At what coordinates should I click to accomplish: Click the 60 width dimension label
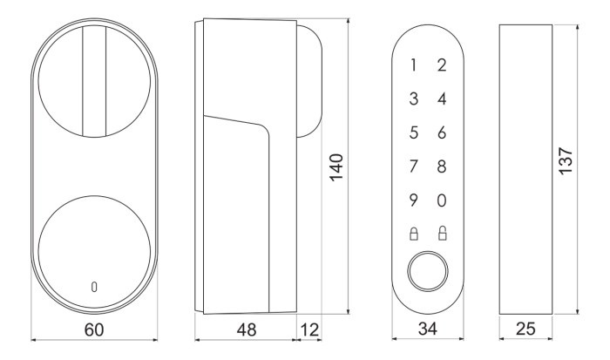[94, 329]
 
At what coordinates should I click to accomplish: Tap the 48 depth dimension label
[247, 329]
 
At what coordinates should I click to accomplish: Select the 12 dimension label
[309, 329]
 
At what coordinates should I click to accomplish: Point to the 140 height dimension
[336, 167]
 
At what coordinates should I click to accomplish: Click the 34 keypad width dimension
[428, 329]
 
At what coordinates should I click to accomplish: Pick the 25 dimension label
[525, 329]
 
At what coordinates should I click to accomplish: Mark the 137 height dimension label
[566, 160]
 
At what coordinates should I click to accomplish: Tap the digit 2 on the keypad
[442, 65]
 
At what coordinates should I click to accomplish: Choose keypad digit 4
[442, 98]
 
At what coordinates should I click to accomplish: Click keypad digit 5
[414, 132]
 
